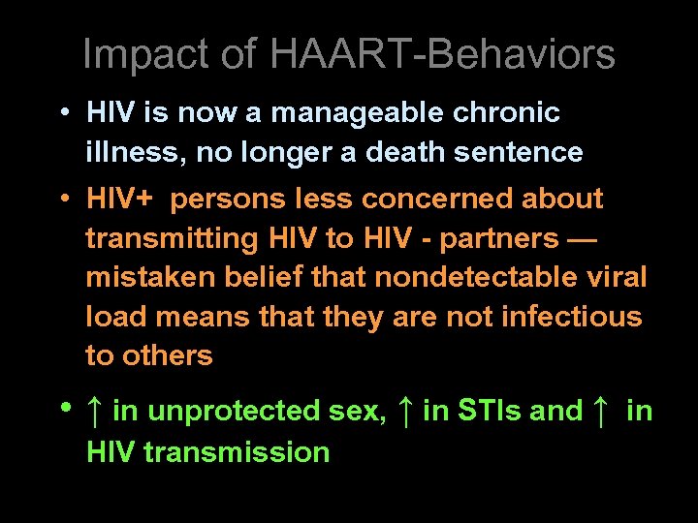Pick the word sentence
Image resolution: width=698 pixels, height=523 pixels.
523,153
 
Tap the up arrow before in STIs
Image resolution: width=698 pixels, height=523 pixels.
405,411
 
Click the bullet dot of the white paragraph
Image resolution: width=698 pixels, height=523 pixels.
62,112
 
